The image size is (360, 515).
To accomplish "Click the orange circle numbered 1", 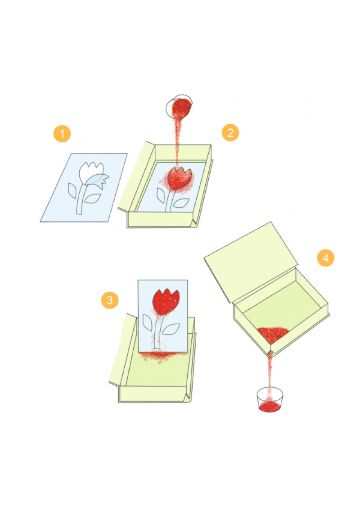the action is click(x=62, y=134).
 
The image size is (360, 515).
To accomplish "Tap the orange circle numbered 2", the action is click(x=230, y=132).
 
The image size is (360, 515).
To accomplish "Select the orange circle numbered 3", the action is click(x=110, y=300).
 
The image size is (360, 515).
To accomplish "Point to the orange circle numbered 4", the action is click(x=325, y=258).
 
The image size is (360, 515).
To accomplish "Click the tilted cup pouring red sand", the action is click(x=179, y=107).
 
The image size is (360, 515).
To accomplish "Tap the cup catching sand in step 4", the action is click(x=270, y=400).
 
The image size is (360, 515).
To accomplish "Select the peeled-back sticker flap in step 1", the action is click(x=100, y=180).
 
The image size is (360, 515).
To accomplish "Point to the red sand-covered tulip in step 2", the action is click(x=179, y=178).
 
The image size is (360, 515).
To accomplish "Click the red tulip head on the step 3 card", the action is click(x=166, y=301).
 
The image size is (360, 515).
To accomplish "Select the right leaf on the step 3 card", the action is click(x=171, y=329).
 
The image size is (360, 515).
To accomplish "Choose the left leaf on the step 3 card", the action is click(x=147, y=322).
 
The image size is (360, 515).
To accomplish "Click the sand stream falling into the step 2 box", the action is click(x=178, y=142).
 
